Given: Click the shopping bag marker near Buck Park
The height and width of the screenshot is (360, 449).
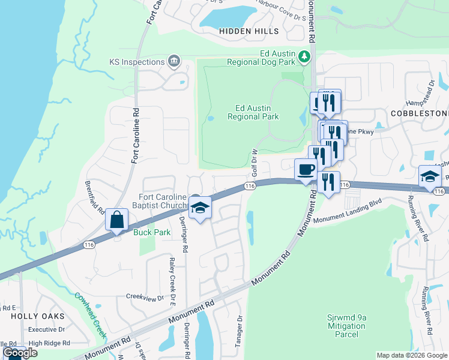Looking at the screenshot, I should tap(117, 220).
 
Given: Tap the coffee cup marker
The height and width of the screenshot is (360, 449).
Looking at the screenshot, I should tap(306, 169).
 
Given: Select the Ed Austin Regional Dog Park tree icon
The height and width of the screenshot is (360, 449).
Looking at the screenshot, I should tap(305, 57).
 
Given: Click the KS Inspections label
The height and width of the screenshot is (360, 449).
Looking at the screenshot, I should tap(137, 62).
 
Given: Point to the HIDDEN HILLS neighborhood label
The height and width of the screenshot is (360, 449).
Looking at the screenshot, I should tap(249, 31).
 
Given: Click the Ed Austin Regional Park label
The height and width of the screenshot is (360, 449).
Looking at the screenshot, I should tap(253, 113).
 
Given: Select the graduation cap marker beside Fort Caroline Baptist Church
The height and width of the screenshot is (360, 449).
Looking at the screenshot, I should tap(200, 208).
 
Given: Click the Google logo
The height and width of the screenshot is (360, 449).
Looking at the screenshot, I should tap(20, 353).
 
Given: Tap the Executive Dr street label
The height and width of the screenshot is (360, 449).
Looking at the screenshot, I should tap(46, 329).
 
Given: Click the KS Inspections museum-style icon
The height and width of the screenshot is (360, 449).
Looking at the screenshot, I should tap(174, 61).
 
